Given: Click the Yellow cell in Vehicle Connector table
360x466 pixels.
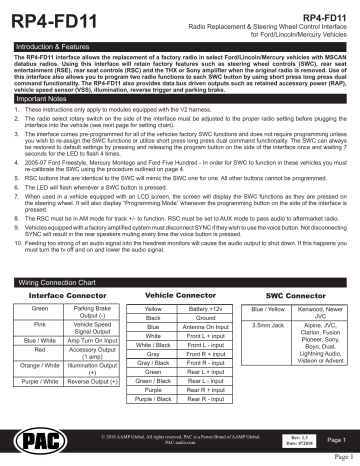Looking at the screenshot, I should [x=152, y=313].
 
